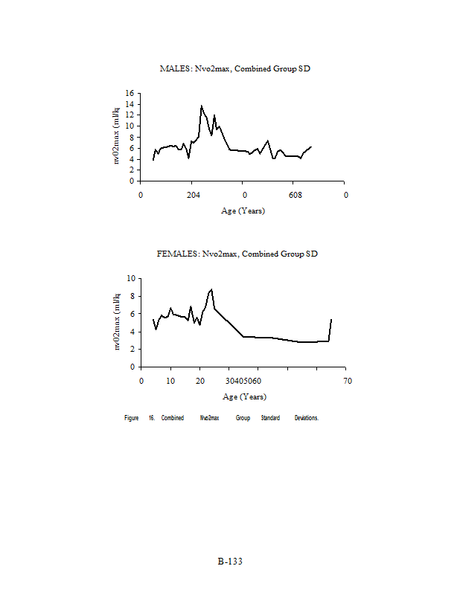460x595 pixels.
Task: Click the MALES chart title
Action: (234, 68)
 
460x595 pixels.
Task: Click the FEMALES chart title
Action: (237, 254)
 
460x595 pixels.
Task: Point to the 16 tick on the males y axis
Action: (130, 94)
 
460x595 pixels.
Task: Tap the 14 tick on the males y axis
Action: (130, 104)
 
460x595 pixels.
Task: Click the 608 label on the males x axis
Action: (295, 195)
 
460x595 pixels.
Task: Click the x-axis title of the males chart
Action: (243, 210)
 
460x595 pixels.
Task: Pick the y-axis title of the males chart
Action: (116, 135)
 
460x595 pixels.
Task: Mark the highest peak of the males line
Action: (201, 106)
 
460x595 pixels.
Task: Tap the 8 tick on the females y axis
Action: (133, 296)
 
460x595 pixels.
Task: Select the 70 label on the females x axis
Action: (347, 381)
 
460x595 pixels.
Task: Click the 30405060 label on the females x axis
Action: (243, 381)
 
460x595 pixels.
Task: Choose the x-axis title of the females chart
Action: (243, 396)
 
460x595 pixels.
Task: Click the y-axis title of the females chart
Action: (116, 321)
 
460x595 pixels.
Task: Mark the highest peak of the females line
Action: (211, 289)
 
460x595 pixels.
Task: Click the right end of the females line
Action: (331, 319)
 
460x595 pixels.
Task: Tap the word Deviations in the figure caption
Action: (306, 418)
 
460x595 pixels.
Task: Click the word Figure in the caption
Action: (132, 418)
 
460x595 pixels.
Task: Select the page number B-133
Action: (230, 562)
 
